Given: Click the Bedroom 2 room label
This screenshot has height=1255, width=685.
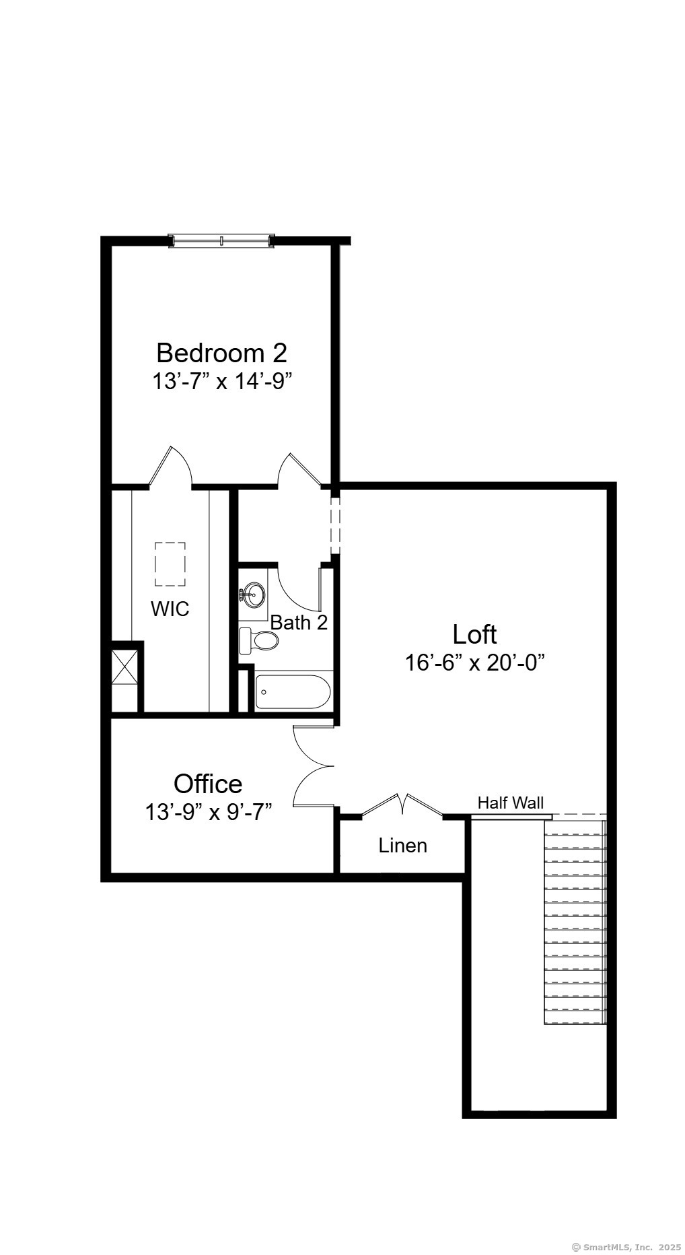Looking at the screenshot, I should tap(221, 353).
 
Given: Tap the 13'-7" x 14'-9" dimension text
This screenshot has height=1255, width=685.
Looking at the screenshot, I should tap(221, 382).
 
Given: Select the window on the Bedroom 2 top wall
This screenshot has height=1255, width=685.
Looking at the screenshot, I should tap(221, 240).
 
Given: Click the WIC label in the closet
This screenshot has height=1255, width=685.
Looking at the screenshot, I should tap(170, 609).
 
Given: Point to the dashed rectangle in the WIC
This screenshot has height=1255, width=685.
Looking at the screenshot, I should tap(170, 564).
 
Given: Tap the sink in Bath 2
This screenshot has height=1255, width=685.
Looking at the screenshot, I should tap(254, 595).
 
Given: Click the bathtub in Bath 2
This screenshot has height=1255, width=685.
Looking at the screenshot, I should tap(293, 692).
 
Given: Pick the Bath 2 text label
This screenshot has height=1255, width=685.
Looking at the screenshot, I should tap(299, 623).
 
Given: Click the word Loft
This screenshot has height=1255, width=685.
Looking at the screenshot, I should tap(474, 634).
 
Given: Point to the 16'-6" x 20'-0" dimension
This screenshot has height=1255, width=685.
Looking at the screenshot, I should tap(474, 663).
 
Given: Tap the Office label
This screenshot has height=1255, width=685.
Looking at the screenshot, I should tap(208, 784).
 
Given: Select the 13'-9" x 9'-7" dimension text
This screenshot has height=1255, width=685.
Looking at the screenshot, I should tap(208, 812).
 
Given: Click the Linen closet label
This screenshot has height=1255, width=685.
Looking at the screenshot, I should tap(402, 846).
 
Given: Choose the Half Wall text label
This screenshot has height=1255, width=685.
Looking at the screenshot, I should tap(510, 803).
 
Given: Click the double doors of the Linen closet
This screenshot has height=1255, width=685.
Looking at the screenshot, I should tap(402, 805).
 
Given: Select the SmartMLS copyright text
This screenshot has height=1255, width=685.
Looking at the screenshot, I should tap(626, 1247).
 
